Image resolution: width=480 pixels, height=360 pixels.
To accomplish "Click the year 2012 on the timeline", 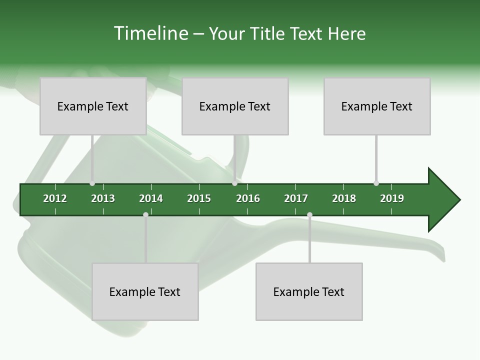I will point(55,198).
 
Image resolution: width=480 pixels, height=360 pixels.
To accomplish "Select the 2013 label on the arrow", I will point(103,198).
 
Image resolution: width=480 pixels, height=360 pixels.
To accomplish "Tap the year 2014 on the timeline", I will point(151,198).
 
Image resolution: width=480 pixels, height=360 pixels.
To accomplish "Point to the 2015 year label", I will point(199,198).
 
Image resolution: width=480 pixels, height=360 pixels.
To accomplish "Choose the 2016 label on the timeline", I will point(248,198).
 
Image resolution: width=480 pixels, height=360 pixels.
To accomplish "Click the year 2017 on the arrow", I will point(296,198).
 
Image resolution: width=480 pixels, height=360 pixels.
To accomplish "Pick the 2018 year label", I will point(344,198).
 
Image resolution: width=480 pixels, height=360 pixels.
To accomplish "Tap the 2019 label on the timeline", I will point(392,198).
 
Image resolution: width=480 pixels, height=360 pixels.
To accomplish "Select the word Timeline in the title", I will point(150,33).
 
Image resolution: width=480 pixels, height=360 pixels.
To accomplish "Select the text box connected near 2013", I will point(93,106).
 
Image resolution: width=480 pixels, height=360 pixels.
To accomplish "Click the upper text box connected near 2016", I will point(235,106).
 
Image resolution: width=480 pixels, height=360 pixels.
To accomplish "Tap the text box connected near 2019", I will point(377,106).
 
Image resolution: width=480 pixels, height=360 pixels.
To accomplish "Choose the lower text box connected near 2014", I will point(145,292).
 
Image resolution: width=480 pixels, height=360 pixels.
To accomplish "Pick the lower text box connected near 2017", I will point(309,292).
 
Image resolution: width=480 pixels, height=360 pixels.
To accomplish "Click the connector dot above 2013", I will point(92,183).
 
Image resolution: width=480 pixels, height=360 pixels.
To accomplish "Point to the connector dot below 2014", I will point(145,215).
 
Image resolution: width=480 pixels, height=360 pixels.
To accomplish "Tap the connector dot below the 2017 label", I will point(309,215).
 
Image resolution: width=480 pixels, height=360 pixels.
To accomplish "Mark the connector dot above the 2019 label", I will point(376,183).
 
